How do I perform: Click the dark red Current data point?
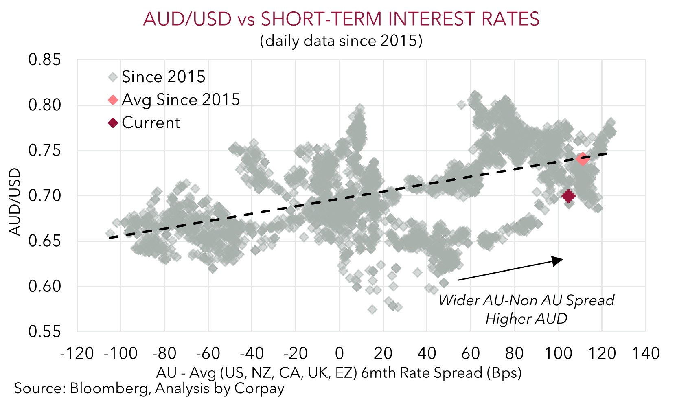[568, 196]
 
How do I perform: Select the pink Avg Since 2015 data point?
[582, 159]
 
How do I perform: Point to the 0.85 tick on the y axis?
[44, 60]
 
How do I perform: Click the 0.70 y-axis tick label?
[44, 196]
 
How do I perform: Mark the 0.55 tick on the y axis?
[44, 331]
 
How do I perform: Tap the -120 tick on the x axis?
[77, 353]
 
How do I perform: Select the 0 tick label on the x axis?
[339, 353]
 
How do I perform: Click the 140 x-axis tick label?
[645, 353]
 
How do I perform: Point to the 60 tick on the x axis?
[470, 353]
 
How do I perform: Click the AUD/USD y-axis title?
[15, 202]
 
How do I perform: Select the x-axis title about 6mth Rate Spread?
[339, 373]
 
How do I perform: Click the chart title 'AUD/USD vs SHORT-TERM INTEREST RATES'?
[341, 19]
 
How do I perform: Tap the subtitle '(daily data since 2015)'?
[341, 41]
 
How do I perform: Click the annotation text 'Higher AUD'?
[526, 318]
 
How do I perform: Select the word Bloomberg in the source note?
[109, 388]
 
